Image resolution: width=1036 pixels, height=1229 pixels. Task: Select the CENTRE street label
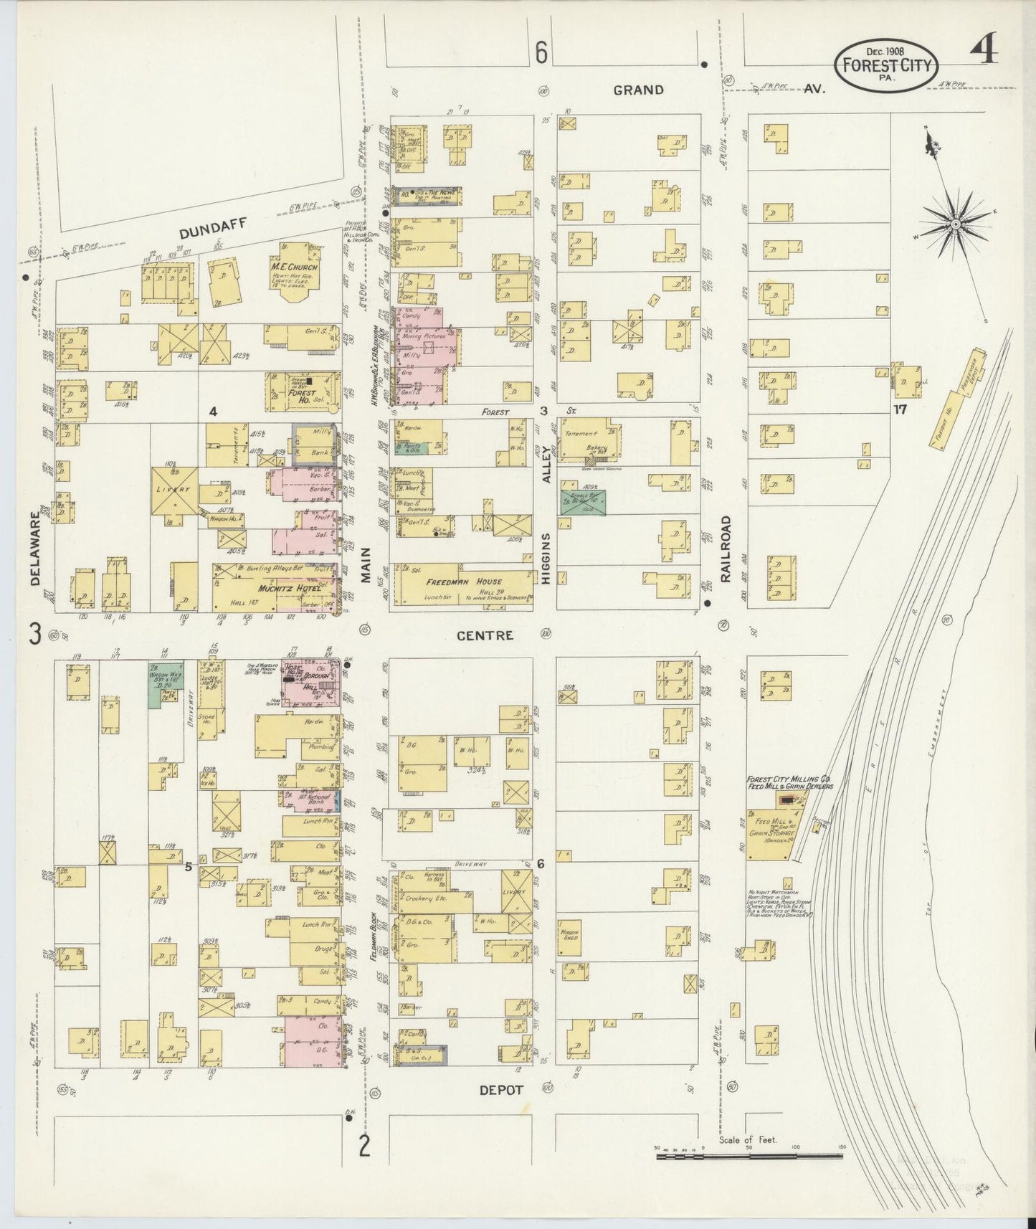click(485, 635)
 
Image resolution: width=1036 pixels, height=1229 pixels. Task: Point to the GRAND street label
click(637, 90)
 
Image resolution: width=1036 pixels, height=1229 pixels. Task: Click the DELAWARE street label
click(35, 548)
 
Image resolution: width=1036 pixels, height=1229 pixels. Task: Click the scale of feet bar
click(749, 1155)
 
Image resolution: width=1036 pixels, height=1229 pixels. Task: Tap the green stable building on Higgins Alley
click(582, 501)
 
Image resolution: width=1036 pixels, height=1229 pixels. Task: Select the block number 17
click(900, 411)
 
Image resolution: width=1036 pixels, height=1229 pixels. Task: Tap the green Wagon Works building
click(163, 682)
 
